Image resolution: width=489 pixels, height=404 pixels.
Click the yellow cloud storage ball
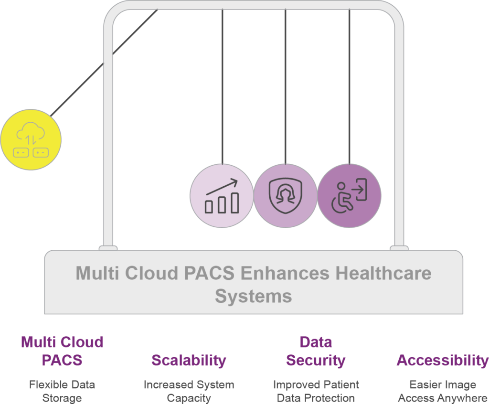point(31,139)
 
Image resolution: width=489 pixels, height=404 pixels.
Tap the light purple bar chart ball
point(221,196)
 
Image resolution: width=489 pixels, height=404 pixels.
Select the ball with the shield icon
point(285,196)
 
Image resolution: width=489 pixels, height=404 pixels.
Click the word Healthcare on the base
point(383,273)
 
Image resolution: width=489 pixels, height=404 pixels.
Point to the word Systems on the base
point(253,296)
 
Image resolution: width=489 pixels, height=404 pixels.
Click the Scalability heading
point(189,360)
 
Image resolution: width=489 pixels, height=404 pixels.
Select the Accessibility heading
point(442,360)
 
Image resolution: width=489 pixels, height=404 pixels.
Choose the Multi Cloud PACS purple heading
point(62,351)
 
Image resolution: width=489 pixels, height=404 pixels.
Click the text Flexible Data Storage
point(62,391)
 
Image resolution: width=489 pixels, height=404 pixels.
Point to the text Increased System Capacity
point(189,391)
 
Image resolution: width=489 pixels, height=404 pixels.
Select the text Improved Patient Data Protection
point(316,391)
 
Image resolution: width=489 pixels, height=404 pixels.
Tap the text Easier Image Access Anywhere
point(442,391)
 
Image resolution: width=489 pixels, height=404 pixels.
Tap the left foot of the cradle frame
point(108,247)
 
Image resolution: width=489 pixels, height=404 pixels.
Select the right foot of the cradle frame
point(399,247)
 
